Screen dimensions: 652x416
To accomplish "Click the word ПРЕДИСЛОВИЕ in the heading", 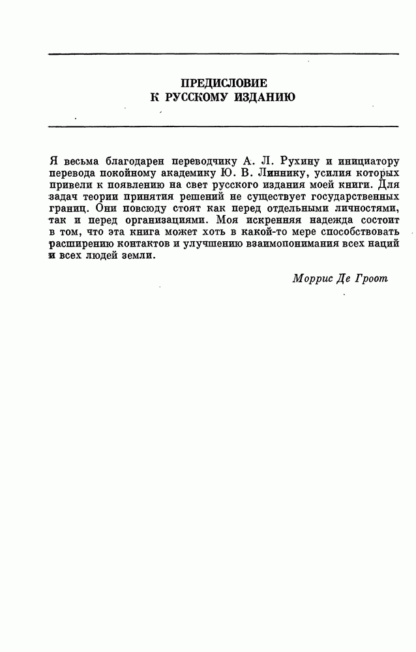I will click(224, 83).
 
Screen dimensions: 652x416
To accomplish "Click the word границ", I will click(69, 209).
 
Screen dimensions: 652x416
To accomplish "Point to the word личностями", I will click(366, 209).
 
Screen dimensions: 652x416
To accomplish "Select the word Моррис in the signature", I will click(313, 278).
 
